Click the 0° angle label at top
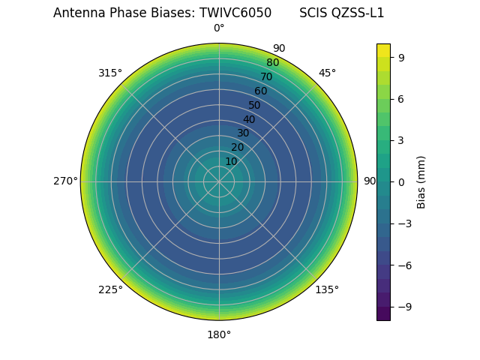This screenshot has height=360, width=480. (x=219, y=28)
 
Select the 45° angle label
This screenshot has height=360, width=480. (x=327, y=73)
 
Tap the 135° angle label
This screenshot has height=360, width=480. (x=327, y=289)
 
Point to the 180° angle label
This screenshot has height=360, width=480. (x=219, y=334)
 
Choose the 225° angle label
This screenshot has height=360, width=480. (x=110, y=289)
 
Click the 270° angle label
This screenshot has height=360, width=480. (x=65, y=181)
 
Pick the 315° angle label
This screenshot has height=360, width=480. (x=110, y=73)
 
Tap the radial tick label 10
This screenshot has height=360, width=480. (x=231, y=161)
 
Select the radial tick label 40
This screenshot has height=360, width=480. (x=249, y=119)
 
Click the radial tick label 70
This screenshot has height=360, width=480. (x=266, y=76)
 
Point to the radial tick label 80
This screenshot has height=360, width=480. (x=272, y=63)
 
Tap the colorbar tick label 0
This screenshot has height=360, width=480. (x=400, y=181)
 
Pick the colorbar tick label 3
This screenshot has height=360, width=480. (x=400, y=140)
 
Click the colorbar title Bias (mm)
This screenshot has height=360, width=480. (x=421, y=181)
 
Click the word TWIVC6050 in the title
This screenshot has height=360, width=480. (x=235, y=13)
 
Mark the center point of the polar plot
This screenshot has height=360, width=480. (x=219, y=181)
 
